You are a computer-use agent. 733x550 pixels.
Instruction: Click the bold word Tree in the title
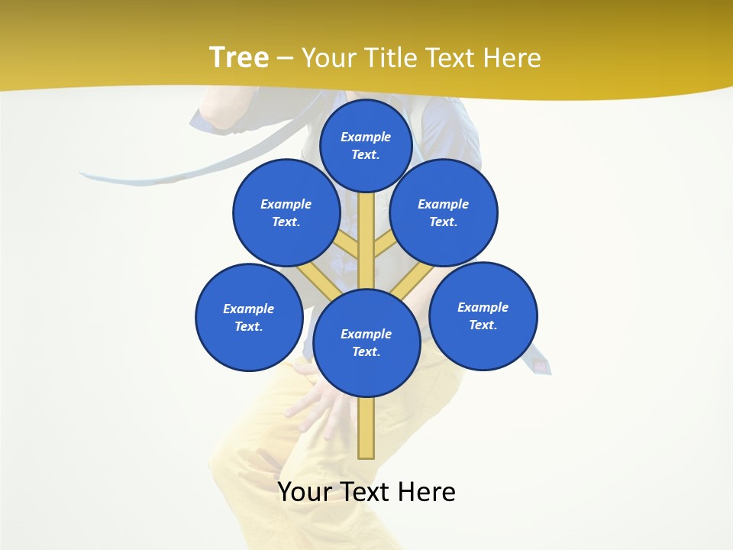point(239,58)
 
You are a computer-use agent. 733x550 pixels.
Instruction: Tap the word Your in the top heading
point(328,58)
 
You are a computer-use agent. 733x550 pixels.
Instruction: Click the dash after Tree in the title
point(285,59)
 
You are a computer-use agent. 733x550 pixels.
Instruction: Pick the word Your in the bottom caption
point(305,492)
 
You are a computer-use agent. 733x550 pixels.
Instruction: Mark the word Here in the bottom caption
point(427,492)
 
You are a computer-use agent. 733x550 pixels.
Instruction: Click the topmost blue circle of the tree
point(366,145)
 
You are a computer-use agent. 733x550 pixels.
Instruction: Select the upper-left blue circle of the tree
point(286,212)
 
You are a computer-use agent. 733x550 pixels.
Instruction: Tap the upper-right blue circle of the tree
point(444,212)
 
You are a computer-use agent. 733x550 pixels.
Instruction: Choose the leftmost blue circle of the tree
point(249,317)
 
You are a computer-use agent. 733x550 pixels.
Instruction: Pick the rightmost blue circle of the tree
point(483,315)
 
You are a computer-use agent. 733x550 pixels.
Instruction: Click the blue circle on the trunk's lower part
point(366,342)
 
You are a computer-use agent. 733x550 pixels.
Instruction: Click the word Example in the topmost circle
point(366,137)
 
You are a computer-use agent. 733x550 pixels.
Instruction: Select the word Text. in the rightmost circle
point(483,325)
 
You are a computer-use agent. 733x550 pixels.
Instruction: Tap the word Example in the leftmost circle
point(248,309)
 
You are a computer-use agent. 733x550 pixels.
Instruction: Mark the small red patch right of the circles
point(541,367)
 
